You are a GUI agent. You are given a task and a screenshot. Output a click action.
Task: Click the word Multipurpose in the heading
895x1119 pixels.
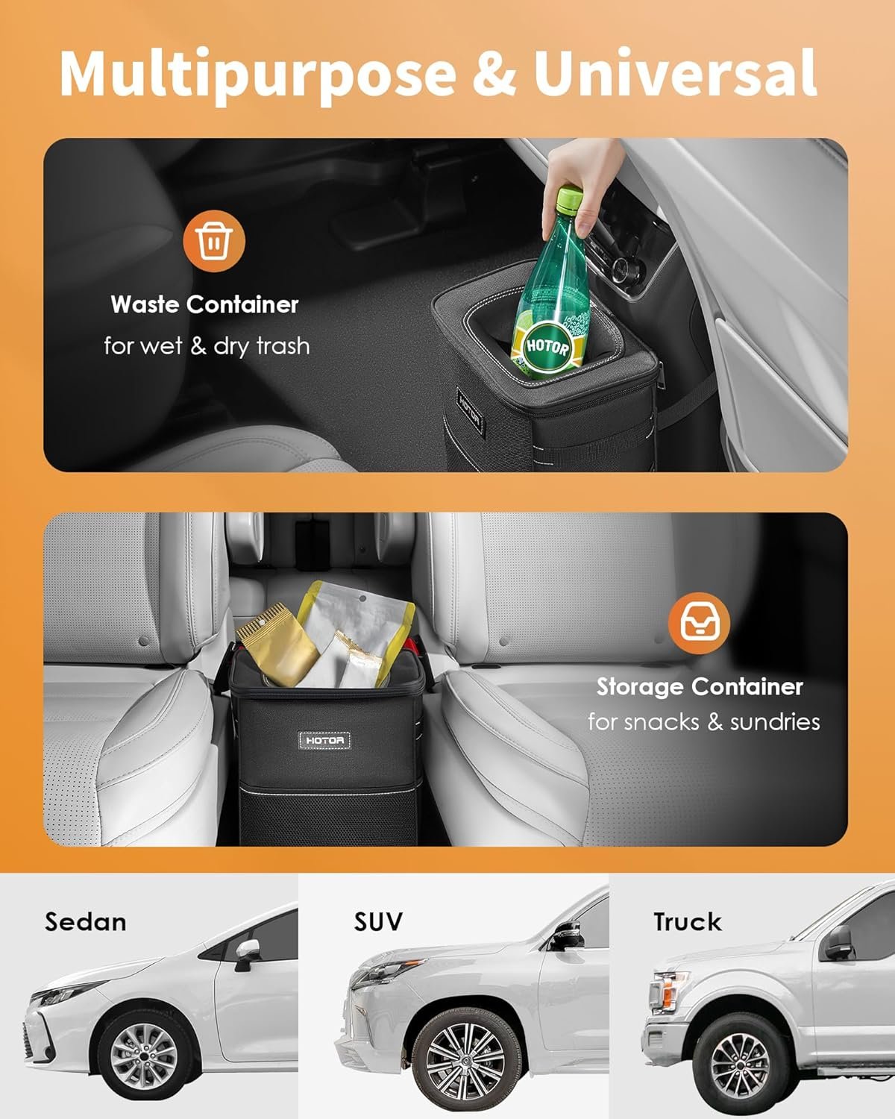(x=257, y=72)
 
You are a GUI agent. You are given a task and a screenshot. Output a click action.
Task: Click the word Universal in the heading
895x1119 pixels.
(x=675, y=72)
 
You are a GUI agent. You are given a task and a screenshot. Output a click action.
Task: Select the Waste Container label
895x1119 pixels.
(x=204, y=304)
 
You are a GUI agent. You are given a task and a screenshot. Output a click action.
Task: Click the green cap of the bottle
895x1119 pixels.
(x=570, y=198)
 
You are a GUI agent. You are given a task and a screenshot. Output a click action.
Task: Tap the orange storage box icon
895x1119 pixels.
(x=699, y=622)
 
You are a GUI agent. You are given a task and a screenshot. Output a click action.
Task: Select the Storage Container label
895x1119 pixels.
(x=699, y=686)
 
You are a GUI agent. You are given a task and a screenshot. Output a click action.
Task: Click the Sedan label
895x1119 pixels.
(x=85, y=922)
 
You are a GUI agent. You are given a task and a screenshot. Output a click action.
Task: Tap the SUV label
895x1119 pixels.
(x=378, y=922)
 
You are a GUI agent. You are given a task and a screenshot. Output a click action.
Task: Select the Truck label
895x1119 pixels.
(x=688, y=922)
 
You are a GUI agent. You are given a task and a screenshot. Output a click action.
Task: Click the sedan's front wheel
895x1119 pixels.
(x=143, y=1053)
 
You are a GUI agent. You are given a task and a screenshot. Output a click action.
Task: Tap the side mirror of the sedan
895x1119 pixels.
(x=245, y=953)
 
